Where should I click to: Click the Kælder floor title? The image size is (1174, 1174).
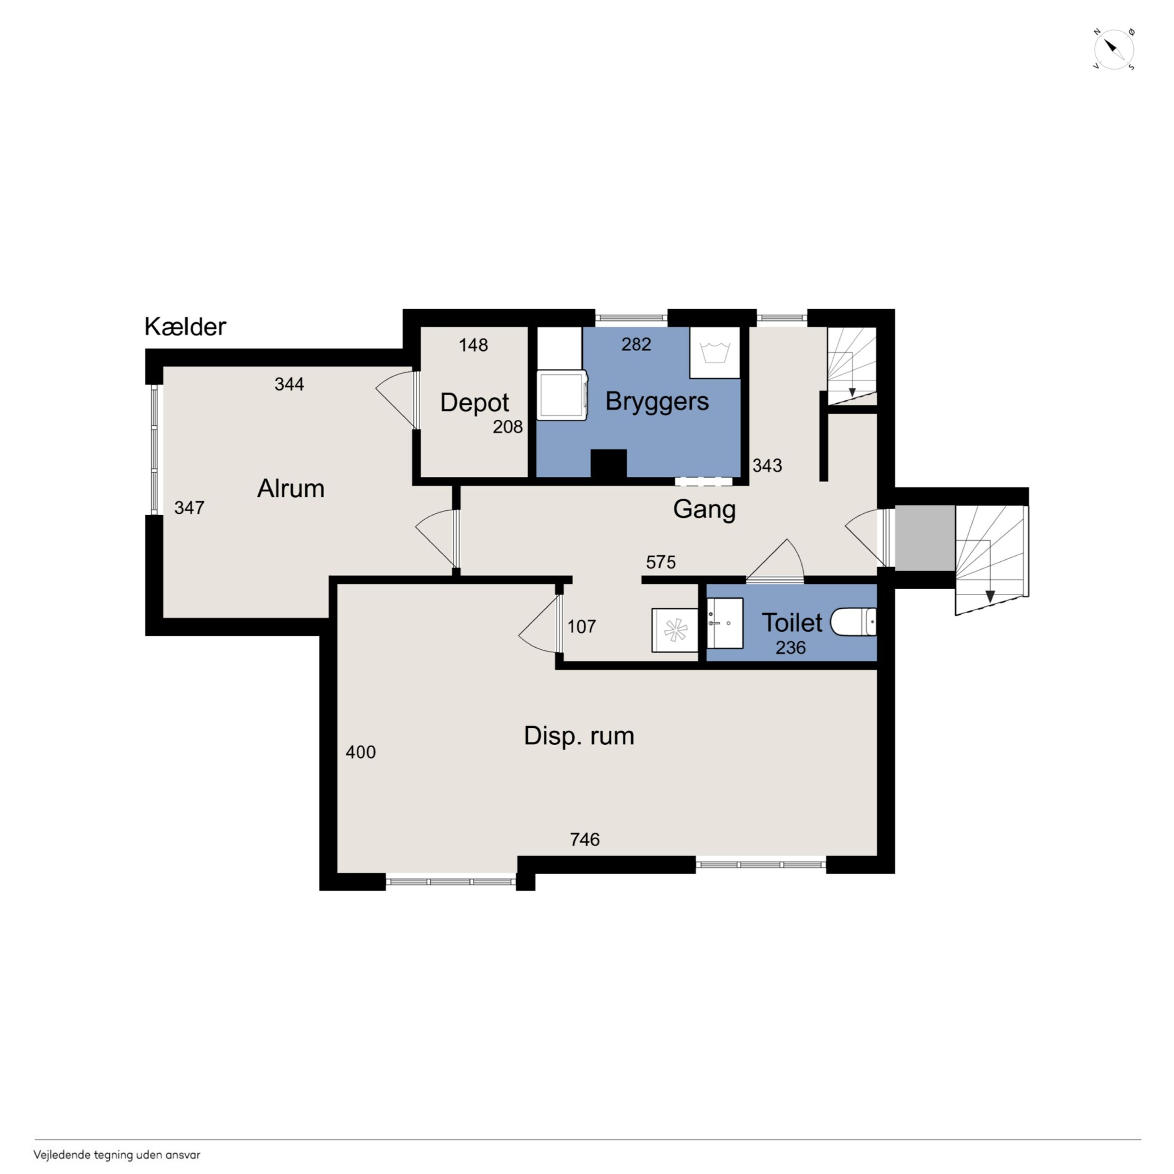[185, 327]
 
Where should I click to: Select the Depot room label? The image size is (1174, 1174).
[474, 403]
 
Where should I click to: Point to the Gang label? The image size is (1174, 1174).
[704, 509]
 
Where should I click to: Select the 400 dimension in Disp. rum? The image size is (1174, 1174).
[360, 752]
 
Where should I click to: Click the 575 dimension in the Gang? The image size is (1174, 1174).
[661, 562]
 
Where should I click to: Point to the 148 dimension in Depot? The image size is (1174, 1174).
[473, 345]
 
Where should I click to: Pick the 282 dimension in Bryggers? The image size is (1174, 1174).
[636, 345]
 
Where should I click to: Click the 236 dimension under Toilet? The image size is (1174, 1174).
[791, 648]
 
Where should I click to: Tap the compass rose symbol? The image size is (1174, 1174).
[1114, 49]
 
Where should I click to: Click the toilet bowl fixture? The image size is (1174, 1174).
[853, 622]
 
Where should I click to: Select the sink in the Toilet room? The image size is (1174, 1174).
[725, 623]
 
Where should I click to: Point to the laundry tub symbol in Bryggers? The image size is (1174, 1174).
[715, 353]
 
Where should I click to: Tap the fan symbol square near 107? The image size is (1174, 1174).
[675, 630]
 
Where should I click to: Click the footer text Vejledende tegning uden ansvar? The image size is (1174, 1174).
[116, 1155]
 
